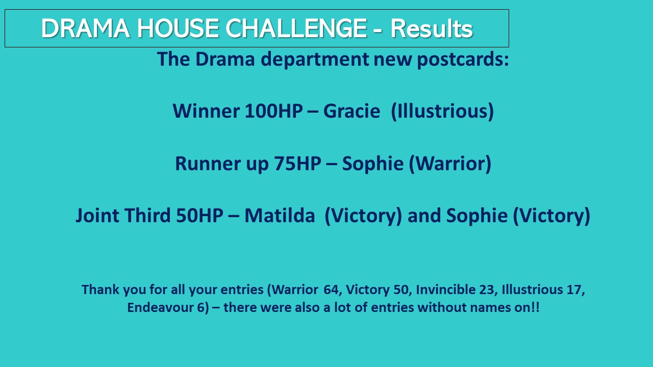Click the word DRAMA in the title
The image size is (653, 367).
pos(85,28)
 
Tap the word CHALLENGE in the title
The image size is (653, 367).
pos(296,28)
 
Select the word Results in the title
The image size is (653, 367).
pos(432,29)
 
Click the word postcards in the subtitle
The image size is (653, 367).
pos(460,60)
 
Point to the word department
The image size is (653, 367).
pos(315,60)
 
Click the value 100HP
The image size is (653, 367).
pos(273,111)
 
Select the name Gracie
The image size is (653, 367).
pos(351,111)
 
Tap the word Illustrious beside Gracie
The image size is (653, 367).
pos(443,111)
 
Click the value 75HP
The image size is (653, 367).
pos(297,164)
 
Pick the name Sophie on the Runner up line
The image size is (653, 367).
pos(373,164)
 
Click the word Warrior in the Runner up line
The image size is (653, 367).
pos(450,164)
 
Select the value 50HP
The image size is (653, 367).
pos(199,216)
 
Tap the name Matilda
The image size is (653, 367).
pos(280,216)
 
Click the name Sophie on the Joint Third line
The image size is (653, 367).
pos(477,216)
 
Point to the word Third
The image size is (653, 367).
pos(147,216)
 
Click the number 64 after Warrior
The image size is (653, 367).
pos(331,290)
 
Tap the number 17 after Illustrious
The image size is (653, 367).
pos(574,290)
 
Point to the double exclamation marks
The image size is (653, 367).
pos(536,307)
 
